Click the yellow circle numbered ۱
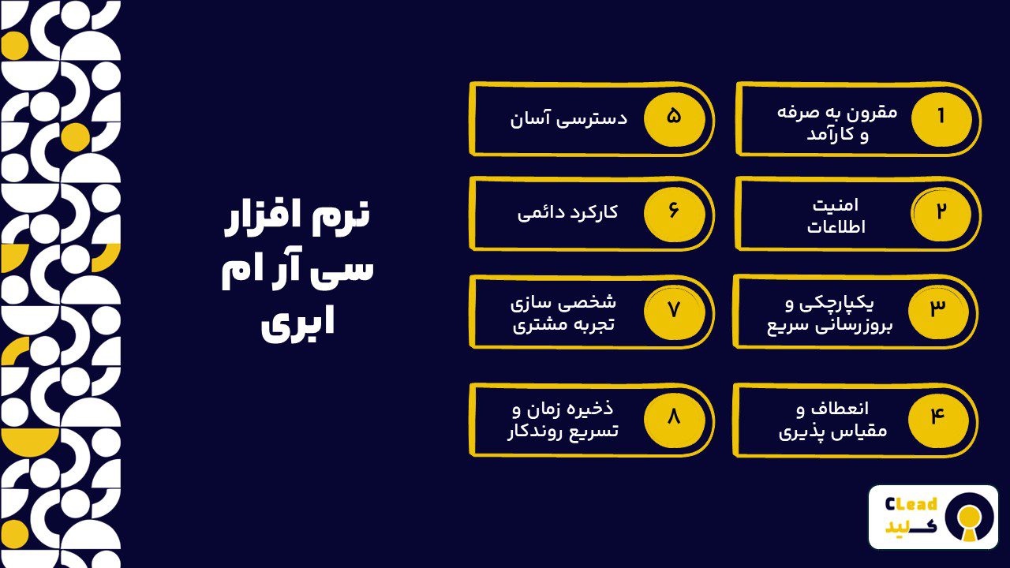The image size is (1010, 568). click(x=941, y=117)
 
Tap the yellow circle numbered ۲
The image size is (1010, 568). click(x=941, y=213)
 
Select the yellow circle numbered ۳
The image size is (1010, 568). click(x=937, y=309)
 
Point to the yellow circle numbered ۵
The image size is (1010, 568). click(x=674, y=117)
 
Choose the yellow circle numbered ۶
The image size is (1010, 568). click(x=674, y=213)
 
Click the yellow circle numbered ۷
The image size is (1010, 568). click(x=674, y=310)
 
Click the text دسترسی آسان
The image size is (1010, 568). click(x=568, y=119)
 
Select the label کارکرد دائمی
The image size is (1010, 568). click(x=567, y=213)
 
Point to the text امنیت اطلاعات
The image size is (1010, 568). click(x=836, y=215)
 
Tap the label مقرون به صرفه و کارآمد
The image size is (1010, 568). click(x=837, y=122)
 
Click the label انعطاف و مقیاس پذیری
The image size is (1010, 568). click(x=833, y=420)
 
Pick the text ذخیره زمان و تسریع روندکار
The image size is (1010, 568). click(x=563, y=420)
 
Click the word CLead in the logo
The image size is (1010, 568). click(x=911, y=504)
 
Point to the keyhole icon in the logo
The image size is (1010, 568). click(x=971, y=517)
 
